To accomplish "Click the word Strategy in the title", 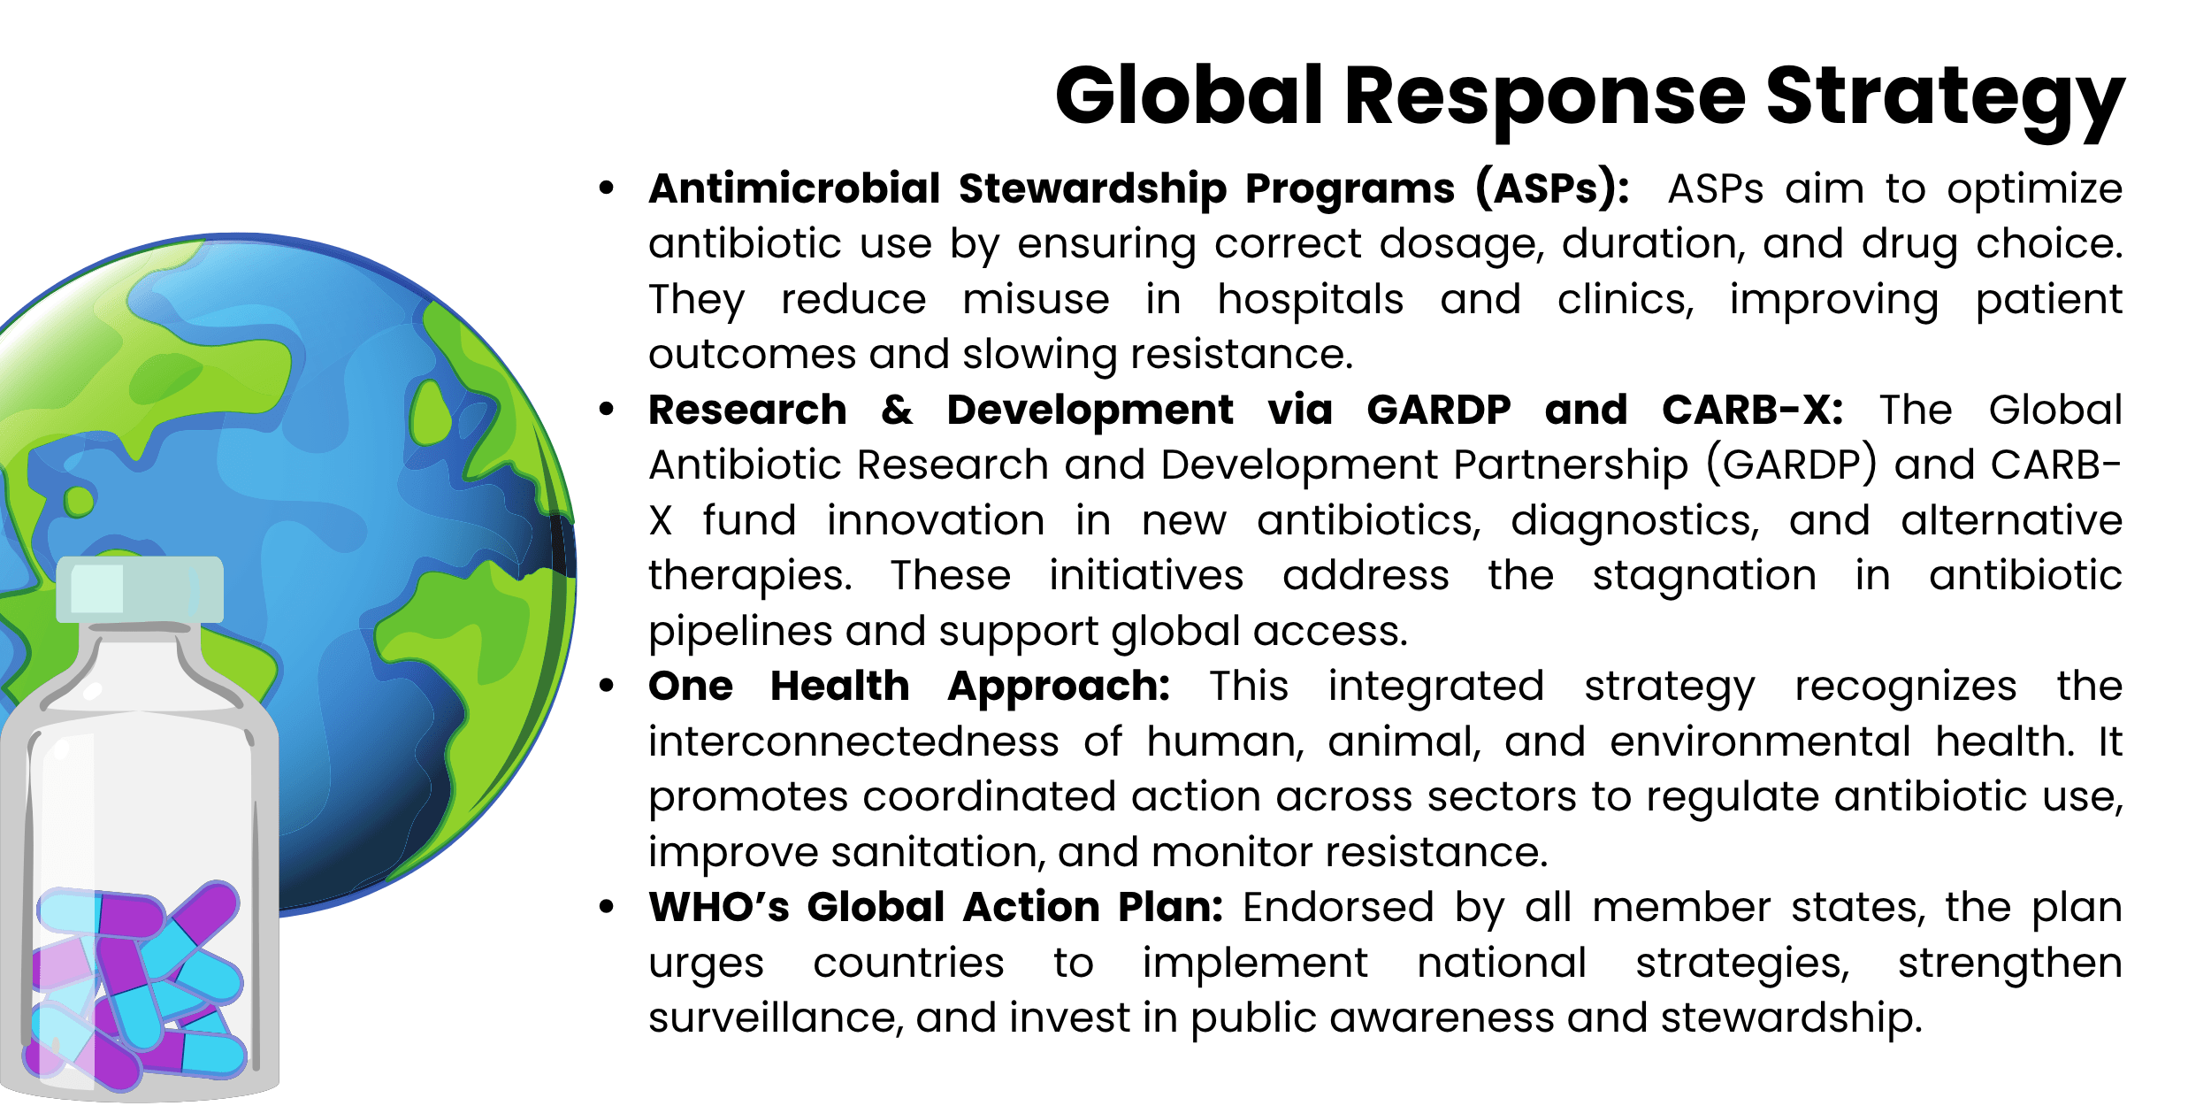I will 1945,97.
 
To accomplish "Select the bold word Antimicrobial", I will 793,188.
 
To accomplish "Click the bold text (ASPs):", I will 1552,188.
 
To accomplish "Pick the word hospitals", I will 1310,299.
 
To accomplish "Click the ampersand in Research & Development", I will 897,410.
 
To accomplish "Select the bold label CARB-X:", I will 1752,410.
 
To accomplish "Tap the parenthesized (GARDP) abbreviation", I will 1791,465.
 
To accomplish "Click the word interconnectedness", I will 853,741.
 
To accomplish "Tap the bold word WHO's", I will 718,908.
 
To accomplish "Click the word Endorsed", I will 1338,908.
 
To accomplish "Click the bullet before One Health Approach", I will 606,687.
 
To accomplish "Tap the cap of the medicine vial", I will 140,589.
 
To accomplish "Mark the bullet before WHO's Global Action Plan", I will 606,907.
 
